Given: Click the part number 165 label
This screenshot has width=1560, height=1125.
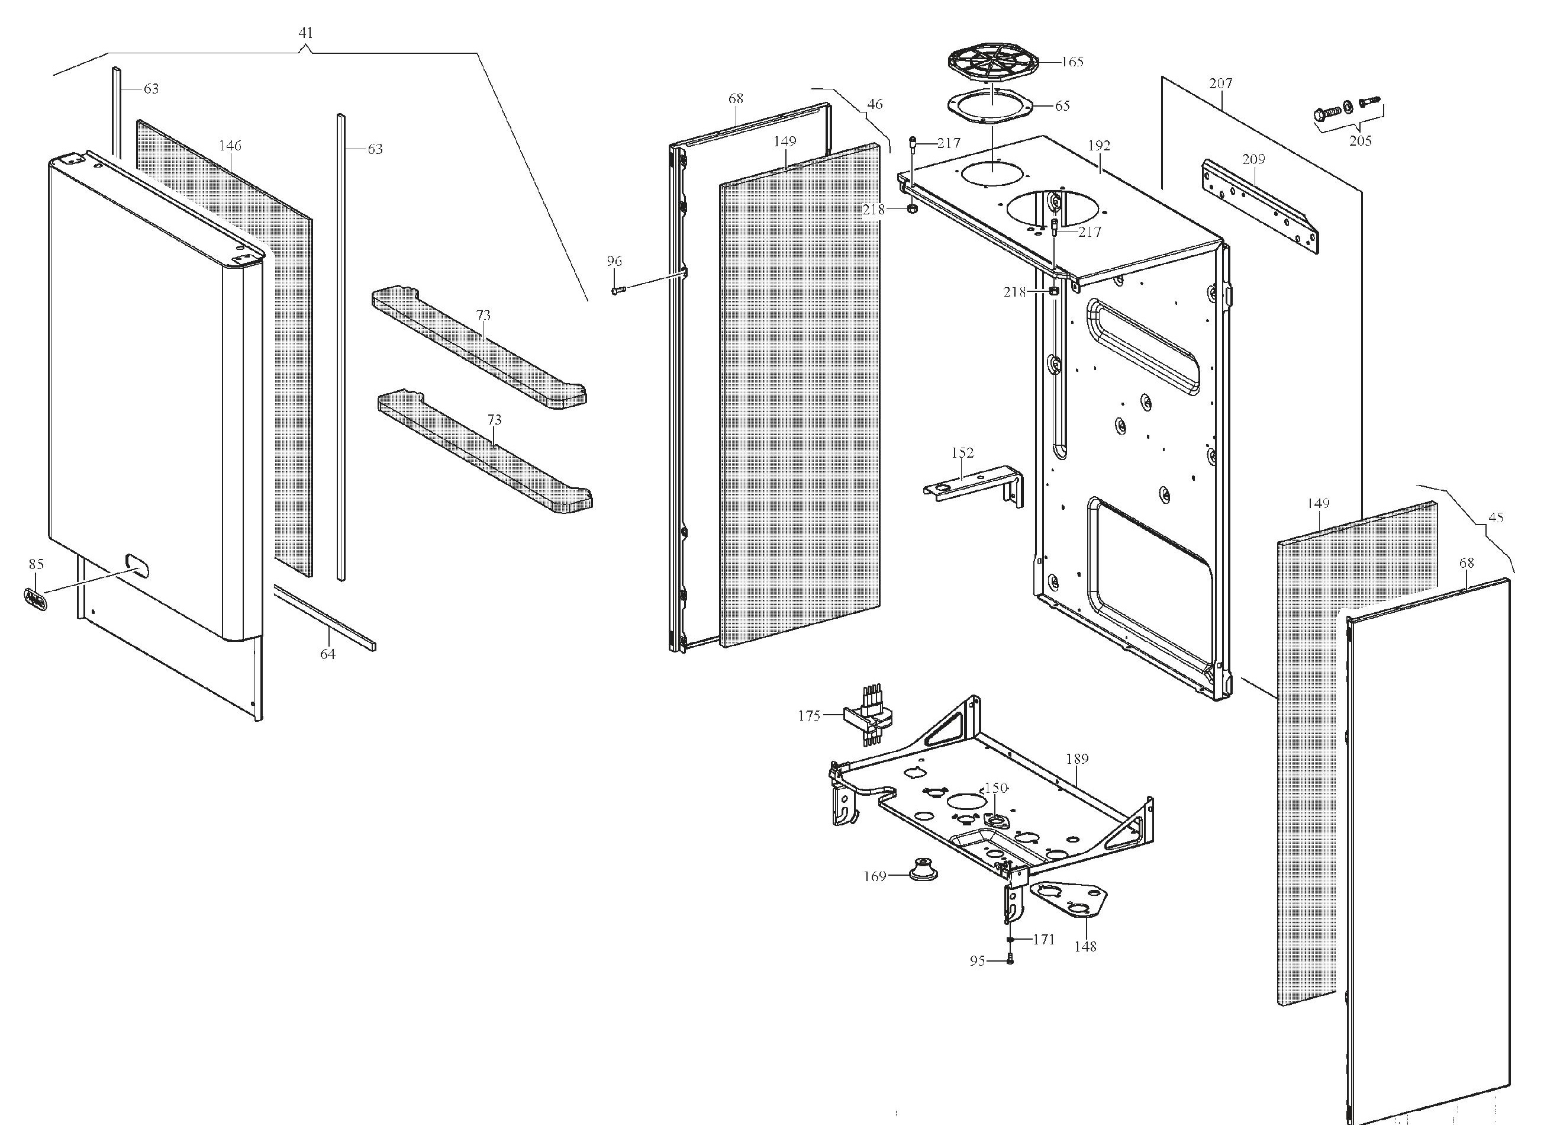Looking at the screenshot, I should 1072,62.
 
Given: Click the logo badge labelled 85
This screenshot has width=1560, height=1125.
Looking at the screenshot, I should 35,598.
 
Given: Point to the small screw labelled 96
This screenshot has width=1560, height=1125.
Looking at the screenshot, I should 616,290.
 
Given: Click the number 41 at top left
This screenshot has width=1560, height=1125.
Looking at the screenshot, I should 306,33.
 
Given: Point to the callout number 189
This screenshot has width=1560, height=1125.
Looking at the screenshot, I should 1077,759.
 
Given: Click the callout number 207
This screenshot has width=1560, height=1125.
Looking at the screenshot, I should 1221,83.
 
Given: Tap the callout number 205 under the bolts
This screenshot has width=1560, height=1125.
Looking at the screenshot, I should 1360,141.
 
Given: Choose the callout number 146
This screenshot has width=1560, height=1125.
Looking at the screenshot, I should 230,146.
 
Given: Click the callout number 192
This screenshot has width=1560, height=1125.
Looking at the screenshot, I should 1099,146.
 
